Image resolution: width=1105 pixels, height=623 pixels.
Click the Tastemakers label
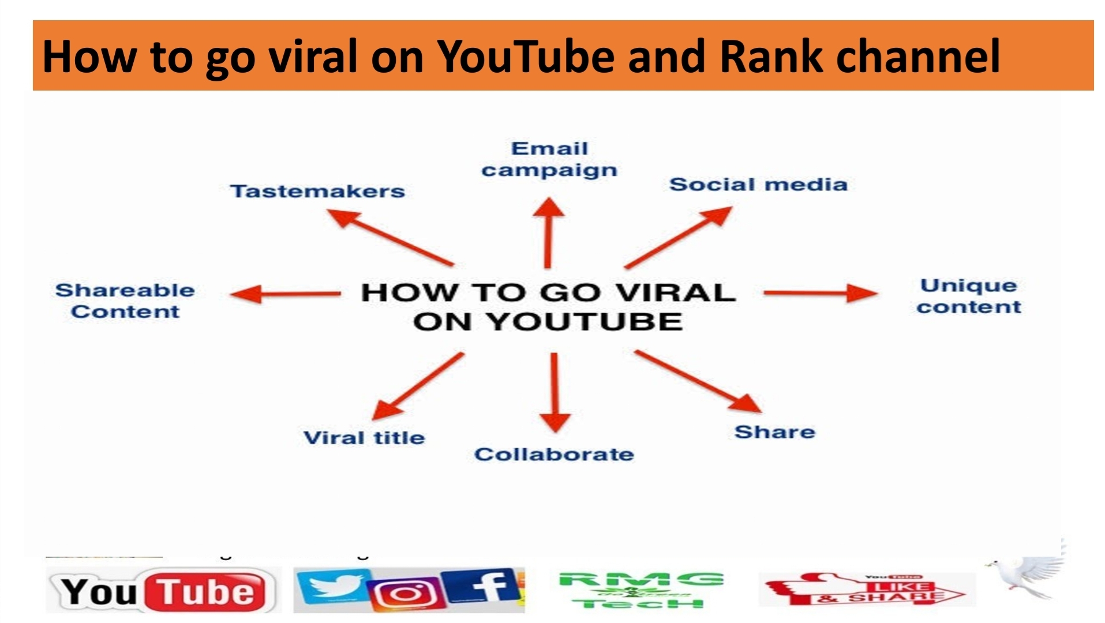click(317, 191)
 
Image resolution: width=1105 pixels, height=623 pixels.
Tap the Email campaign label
click(549, 159)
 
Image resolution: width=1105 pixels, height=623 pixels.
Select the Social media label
click(758, 185)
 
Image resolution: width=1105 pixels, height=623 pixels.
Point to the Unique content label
click(969, 296)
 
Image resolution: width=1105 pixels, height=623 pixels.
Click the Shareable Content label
click(125, 301)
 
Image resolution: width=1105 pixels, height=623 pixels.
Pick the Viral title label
click(364, 438)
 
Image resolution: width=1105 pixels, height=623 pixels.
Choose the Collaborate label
click(554, 455)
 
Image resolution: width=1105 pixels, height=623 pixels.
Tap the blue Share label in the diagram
click(774, 432)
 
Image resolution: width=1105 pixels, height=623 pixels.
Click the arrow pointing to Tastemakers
click(390, 237)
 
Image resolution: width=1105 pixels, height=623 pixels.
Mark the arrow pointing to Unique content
click(819, 293)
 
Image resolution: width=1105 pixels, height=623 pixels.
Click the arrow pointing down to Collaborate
click(555, 392)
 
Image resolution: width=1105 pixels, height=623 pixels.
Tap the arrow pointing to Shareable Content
click(285, 294)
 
